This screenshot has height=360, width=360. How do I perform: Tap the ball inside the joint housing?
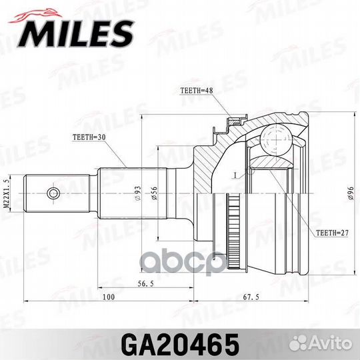click(273, 140)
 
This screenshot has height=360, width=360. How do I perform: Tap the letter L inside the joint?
click(235, 175)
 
